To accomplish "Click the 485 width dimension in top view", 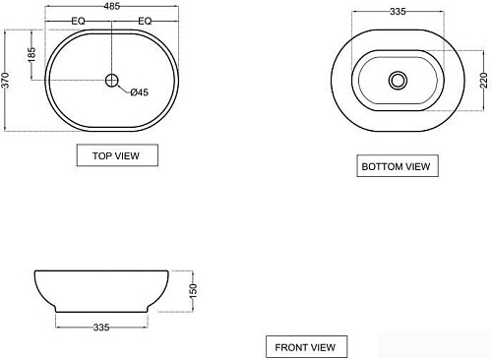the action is tap(112, 6).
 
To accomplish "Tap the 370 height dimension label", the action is tap(5, 81).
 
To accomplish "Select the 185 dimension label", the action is tap(31, 55).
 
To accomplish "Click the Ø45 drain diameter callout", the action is tap(140, 92).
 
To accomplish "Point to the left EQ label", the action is tap(78, 22).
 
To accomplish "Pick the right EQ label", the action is tap(145, 22).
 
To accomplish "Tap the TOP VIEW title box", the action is tap(117, 155).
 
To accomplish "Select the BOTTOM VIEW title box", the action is tap(398, 166).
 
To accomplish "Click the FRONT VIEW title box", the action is tap(306, 346).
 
